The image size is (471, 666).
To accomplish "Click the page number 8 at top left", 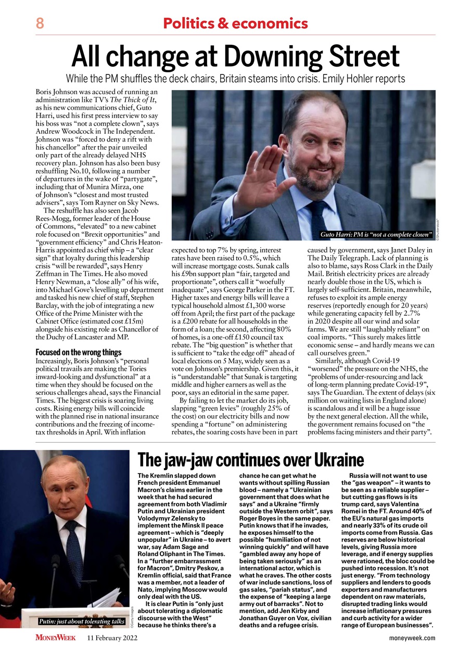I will point(40,23).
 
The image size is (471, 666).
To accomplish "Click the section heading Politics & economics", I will point(235,23).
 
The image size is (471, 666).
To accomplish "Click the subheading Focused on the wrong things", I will point(78,352).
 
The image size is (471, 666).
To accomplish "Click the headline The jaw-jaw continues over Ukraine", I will point(250,460).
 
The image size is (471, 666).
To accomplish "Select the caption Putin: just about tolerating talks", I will point(82,621).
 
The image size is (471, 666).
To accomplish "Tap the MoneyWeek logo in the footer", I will point(55,638).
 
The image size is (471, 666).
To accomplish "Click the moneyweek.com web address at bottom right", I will point(412,638).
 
